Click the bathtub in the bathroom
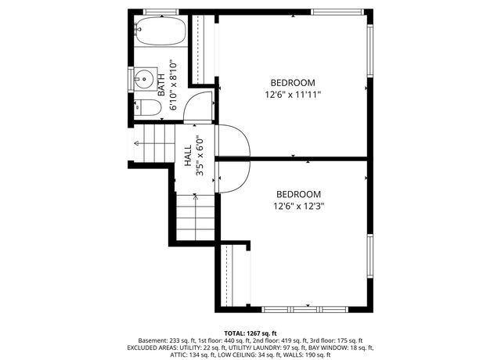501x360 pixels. point(160,34)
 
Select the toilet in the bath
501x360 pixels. point(144,109)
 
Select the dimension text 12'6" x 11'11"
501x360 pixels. point(293,95)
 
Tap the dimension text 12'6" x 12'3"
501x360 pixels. point(298,207)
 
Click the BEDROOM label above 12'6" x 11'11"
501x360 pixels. point(293,83)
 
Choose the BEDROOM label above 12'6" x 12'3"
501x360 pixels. point(298,194)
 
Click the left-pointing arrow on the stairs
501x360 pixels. point(139,143)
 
